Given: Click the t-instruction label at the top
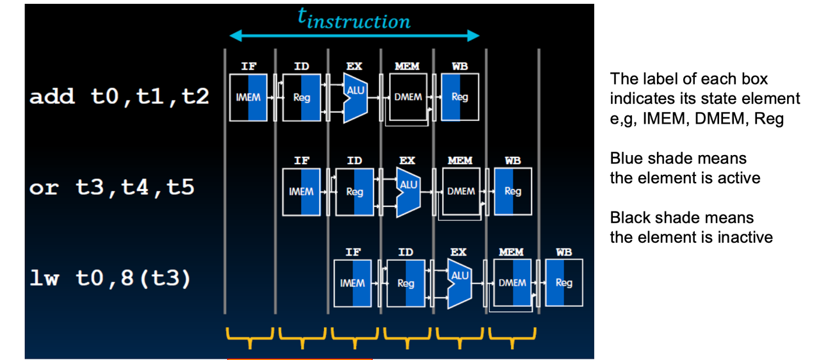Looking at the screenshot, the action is pos(354,19).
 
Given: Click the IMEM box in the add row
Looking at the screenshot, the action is pos(248,97).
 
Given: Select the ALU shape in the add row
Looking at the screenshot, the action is pos(355,98).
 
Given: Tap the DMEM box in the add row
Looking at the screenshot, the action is pos(408,97).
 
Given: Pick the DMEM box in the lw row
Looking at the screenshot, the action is pos(512,282).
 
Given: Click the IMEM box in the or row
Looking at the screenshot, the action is pos(301,192).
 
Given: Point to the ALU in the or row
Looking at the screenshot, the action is pos(409,192).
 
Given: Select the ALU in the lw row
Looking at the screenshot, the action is pos(460,284).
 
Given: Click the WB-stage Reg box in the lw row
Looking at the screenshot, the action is pos(564,282).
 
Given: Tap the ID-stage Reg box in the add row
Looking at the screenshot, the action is pos(302,97).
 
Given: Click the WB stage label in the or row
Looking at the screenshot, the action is pos(513,161).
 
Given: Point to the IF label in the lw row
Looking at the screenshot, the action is pos(353,252).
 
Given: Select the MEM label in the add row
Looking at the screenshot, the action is pos(407,66).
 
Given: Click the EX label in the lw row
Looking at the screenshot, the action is pos(458,252).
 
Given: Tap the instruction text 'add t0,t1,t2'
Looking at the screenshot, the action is pos(119,97).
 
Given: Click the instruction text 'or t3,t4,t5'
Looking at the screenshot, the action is pos(111,188).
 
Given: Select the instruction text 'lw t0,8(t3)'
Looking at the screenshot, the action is pos(110,279).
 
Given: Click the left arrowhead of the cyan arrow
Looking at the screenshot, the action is pos(235,35).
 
